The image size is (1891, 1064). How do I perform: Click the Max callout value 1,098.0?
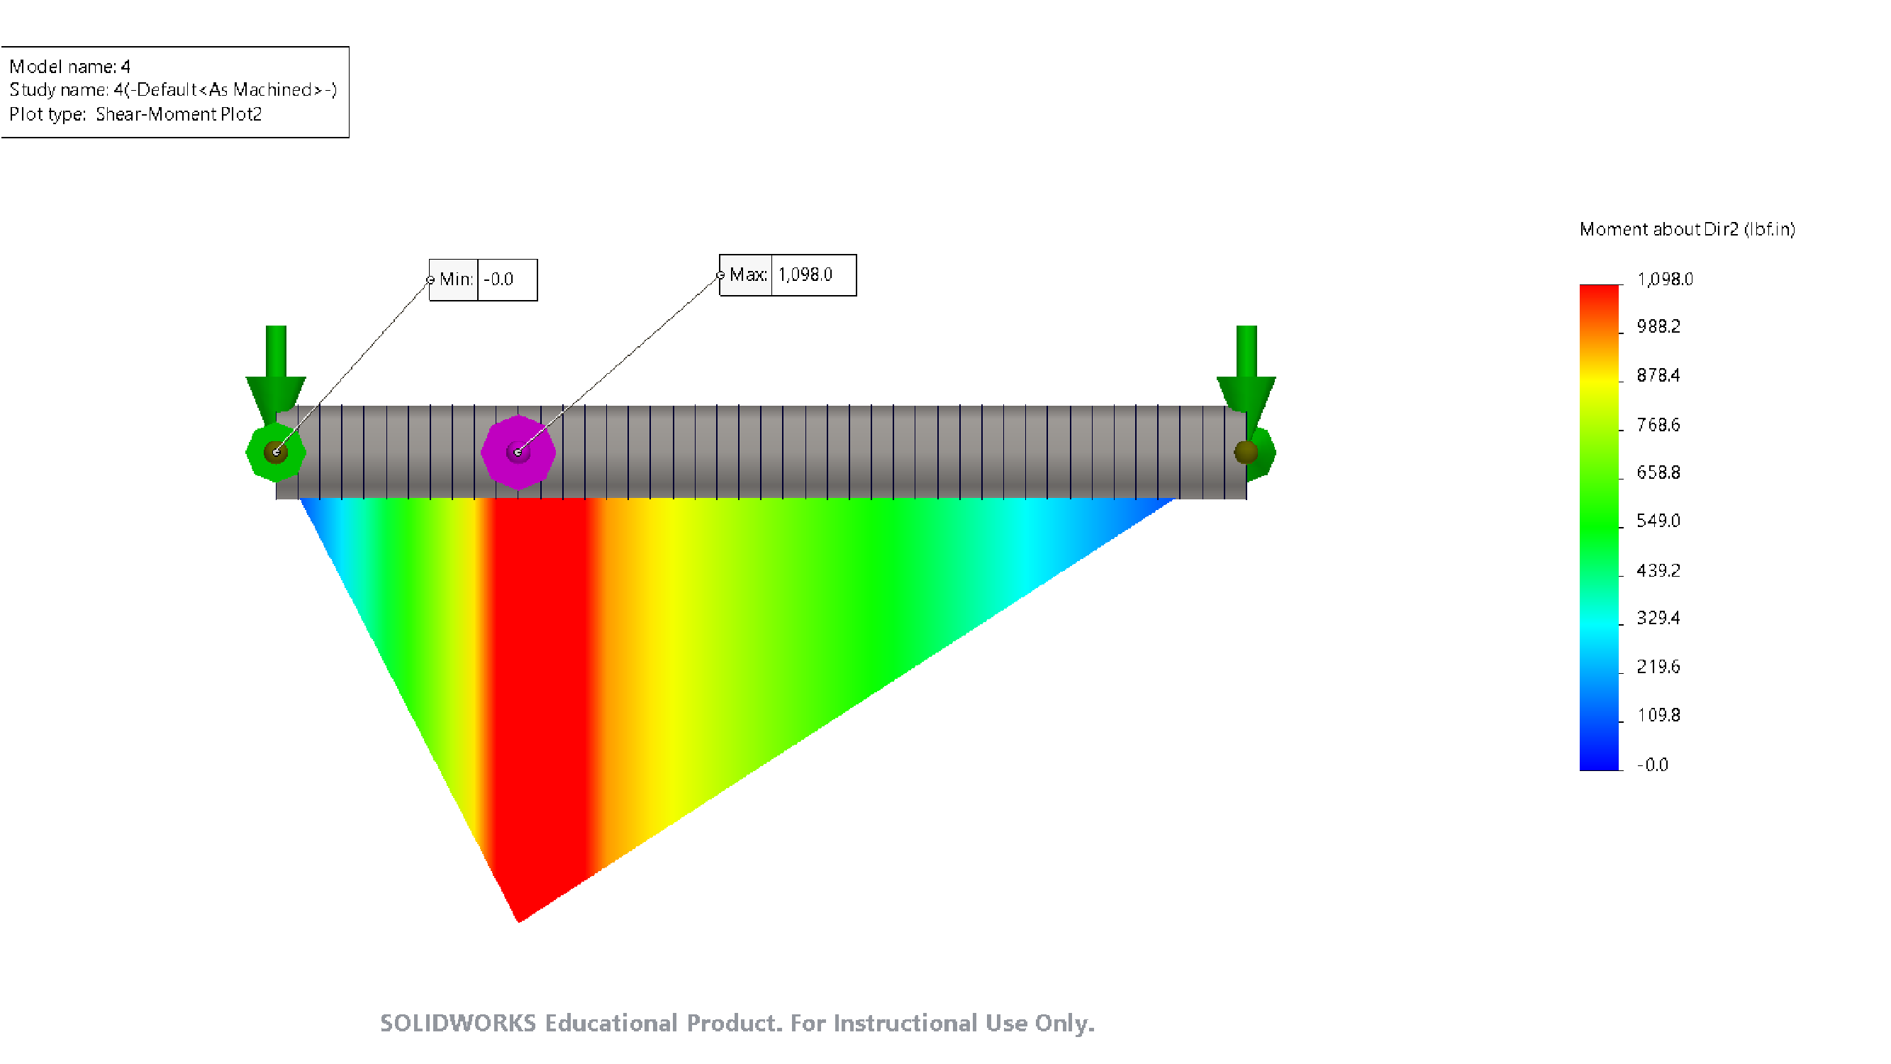[x=805, y=275]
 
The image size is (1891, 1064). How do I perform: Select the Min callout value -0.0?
[x=499, y=279]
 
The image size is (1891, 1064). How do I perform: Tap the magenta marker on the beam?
[x=518, y=453]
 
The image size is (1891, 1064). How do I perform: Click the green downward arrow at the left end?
[x=276, y=367]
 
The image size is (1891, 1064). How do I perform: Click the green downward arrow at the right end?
[x=1246, y=367]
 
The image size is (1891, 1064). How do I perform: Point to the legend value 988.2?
[x=1658, y=327]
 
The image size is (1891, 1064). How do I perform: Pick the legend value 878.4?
[x=1658, y=376]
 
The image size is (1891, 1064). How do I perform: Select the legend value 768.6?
[x=1658, y=425]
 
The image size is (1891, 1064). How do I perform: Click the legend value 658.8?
[x=1658, y=473]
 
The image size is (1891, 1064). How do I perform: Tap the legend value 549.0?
[x=1658, y=521]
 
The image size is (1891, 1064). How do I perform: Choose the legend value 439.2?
[x=1658, y=570]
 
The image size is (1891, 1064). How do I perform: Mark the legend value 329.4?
[x=1658, y=619]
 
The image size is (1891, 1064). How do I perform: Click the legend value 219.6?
[x=1658, y=667]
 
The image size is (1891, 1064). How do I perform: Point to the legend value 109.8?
[x=1658, y=715]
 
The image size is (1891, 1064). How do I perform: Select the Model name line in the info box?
[x=69, y=67]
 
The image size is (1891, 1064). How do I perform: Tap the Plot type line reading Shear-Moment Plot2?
[x=136, y=114]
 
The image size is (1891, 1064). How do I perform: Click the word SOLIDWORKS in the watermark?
[x=458, y=1023]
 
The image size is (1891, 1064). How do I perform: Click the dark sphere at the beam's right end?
[x=1246, y=453]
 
